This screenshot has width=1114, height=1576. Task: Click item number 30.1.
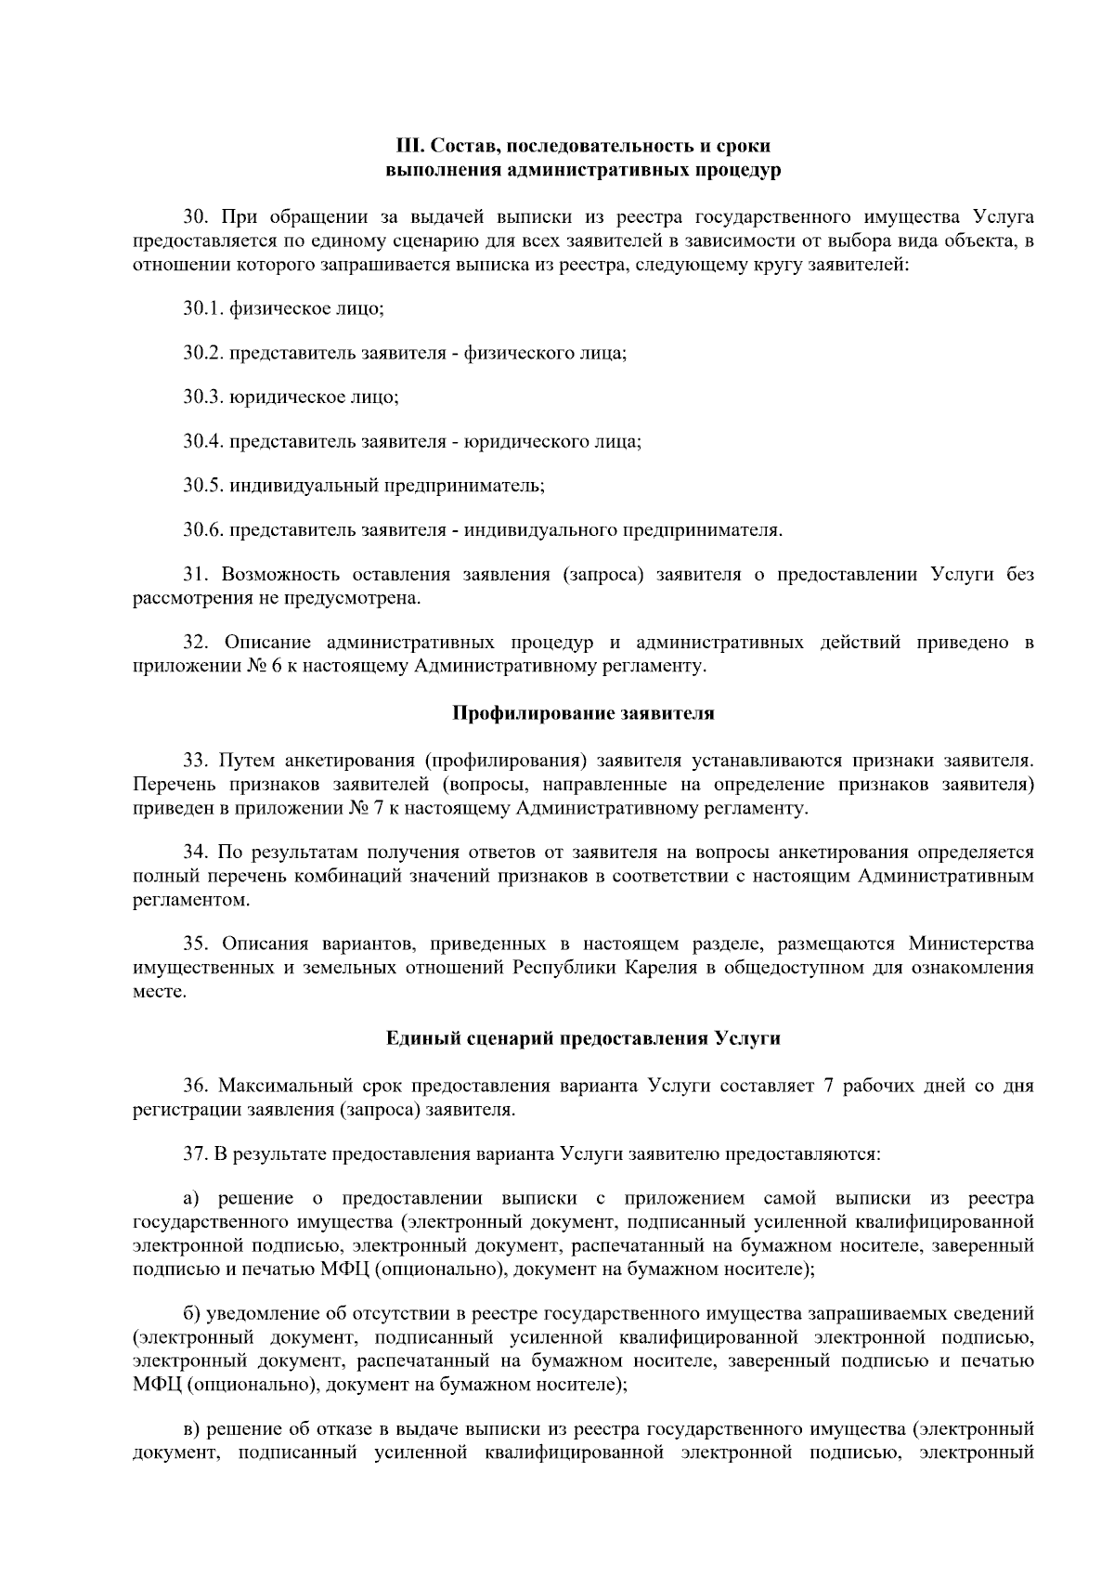pyautogui.click(x=203, y=308)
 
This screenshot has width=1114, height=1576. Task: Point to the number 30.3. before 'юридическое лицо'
pyautogui.click(x=203, y=397)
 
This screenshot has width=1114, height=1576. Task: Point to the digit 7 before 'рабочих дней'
pyautogui.click(x=828, y=1086)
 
